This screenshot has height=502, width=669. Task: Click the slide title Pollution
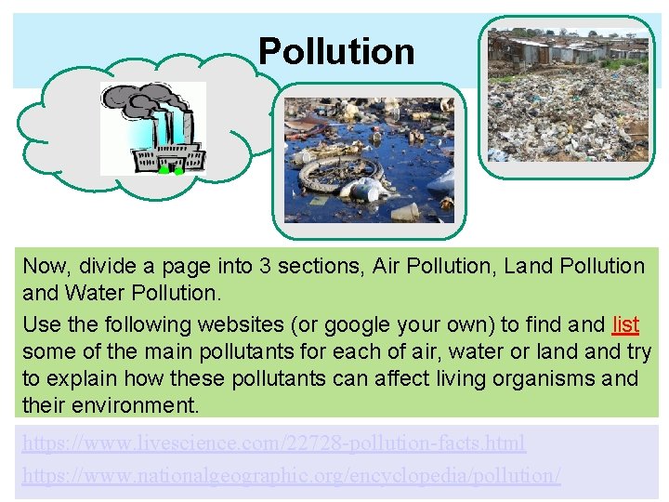336,51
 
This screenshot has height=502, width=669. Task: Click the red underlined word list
626,324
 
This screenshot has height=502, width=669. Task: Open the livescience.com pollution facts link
274,443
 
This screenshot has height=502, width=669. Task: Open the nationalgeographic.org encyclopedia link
292,475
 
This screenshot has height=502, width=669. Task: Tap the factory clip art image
152,128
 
